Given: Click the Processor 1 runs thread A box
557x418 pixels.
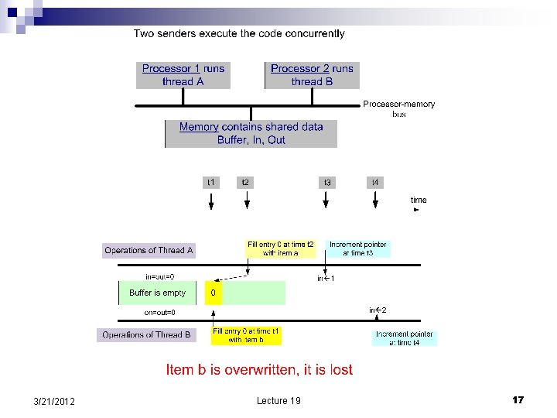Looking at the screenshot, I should tap(183, 75).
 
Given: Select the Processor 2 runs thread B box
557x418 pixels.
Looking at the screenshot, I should tap(312, 75).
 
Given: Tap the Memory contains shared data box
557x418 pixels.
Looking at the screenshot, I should tap(251, 133).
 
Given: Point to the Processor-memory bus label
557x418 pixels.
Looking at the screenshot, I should tap(398, 108).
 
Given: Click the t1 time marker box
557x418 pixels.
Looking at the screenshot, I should tap(211, 183).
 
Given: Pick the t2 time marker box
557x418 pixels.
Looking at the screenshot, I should tap(245, 183).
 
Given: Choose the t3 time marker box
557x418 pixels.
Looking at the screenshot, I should tap(328, 183).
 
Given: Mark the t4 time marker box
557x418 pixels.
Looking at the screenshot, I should tap(375, 183).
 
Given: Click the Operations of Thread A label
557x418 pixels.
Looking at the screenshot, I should tap(149, 250).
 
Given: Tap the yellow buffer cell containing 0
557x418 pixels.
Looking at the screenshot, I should tap(213, 293).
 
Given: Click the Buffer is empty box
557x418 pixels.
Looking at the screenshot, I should tap(158, 293).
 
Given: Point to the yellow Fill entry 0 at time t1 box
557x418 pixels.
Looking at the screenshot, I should tap(246, 335).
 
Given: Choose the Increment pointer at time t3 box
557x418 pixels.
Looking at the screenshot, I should tap(358, 248).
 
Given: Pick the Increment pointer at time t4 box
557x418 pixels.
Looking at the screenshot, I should tap(405, 337).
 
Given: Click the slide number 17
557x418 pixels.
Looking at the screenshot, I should tap(518, 399).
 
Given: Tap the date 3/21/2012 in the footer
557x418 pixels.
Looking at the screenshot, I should tap(55, 400).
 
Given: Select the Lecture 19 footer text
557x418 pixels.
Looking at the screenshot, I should tap(278, 400).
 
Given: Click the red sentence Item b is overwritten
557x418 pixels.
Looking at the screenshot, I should tap(259, 369).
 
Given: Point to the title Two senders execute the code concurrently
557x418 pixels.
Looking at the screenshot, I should tap(239, 33).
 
